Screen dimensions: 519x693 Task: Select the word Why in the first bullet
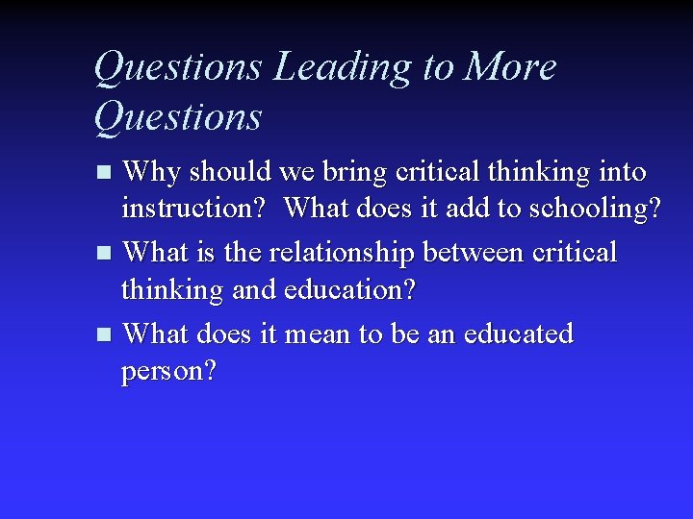coord(153,172)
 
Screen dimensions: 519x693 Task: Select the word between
coord(468,252)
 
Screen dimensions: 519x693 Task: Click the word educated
coord(519,334)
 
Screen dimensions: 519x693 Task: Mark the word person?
coord(169,370)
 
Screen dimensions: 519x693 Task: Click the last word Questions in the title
coord(179,117)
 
